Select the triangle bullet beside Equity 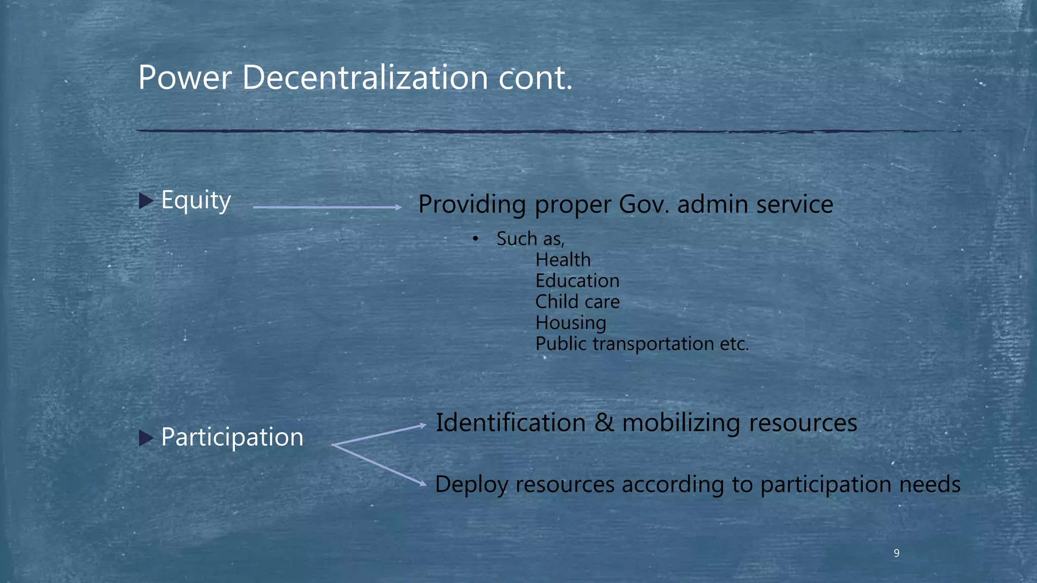point(146,201)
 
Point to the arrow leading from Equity point(327,207)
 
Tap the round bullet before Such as point(475,239)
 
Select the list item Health point(563,260)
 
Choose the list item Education point(577,281)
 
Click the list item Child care point(577,302)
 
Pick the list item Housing point(571,323)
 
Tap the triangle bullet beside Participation point(146,438)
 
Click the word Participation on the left point(232,437)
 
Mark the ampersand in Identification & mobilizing point(604,423)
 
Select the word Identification point(510,423)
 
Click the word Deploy point(471,485)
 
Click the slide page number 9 point(896,553)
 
